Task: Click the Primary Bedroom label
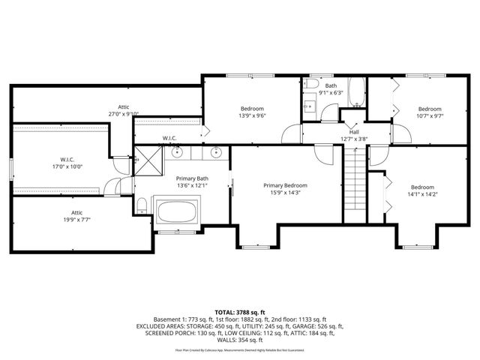(285, 185)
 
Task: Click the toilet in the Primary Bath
(141, 205)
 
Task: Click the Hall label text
(353, 132)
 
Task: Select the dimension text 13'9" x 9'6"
(252, 115)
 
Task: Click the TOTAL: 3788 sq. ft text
(240, 311)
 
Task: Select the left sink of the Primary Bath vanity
(177, 152)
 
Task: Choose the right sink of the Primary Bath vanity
(216, 152)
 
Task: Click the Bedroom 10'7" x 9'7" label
(430, 112)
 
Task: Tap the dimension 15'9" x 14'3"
(285, 192)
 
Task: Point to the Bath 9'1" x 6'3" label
(331, 90)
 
